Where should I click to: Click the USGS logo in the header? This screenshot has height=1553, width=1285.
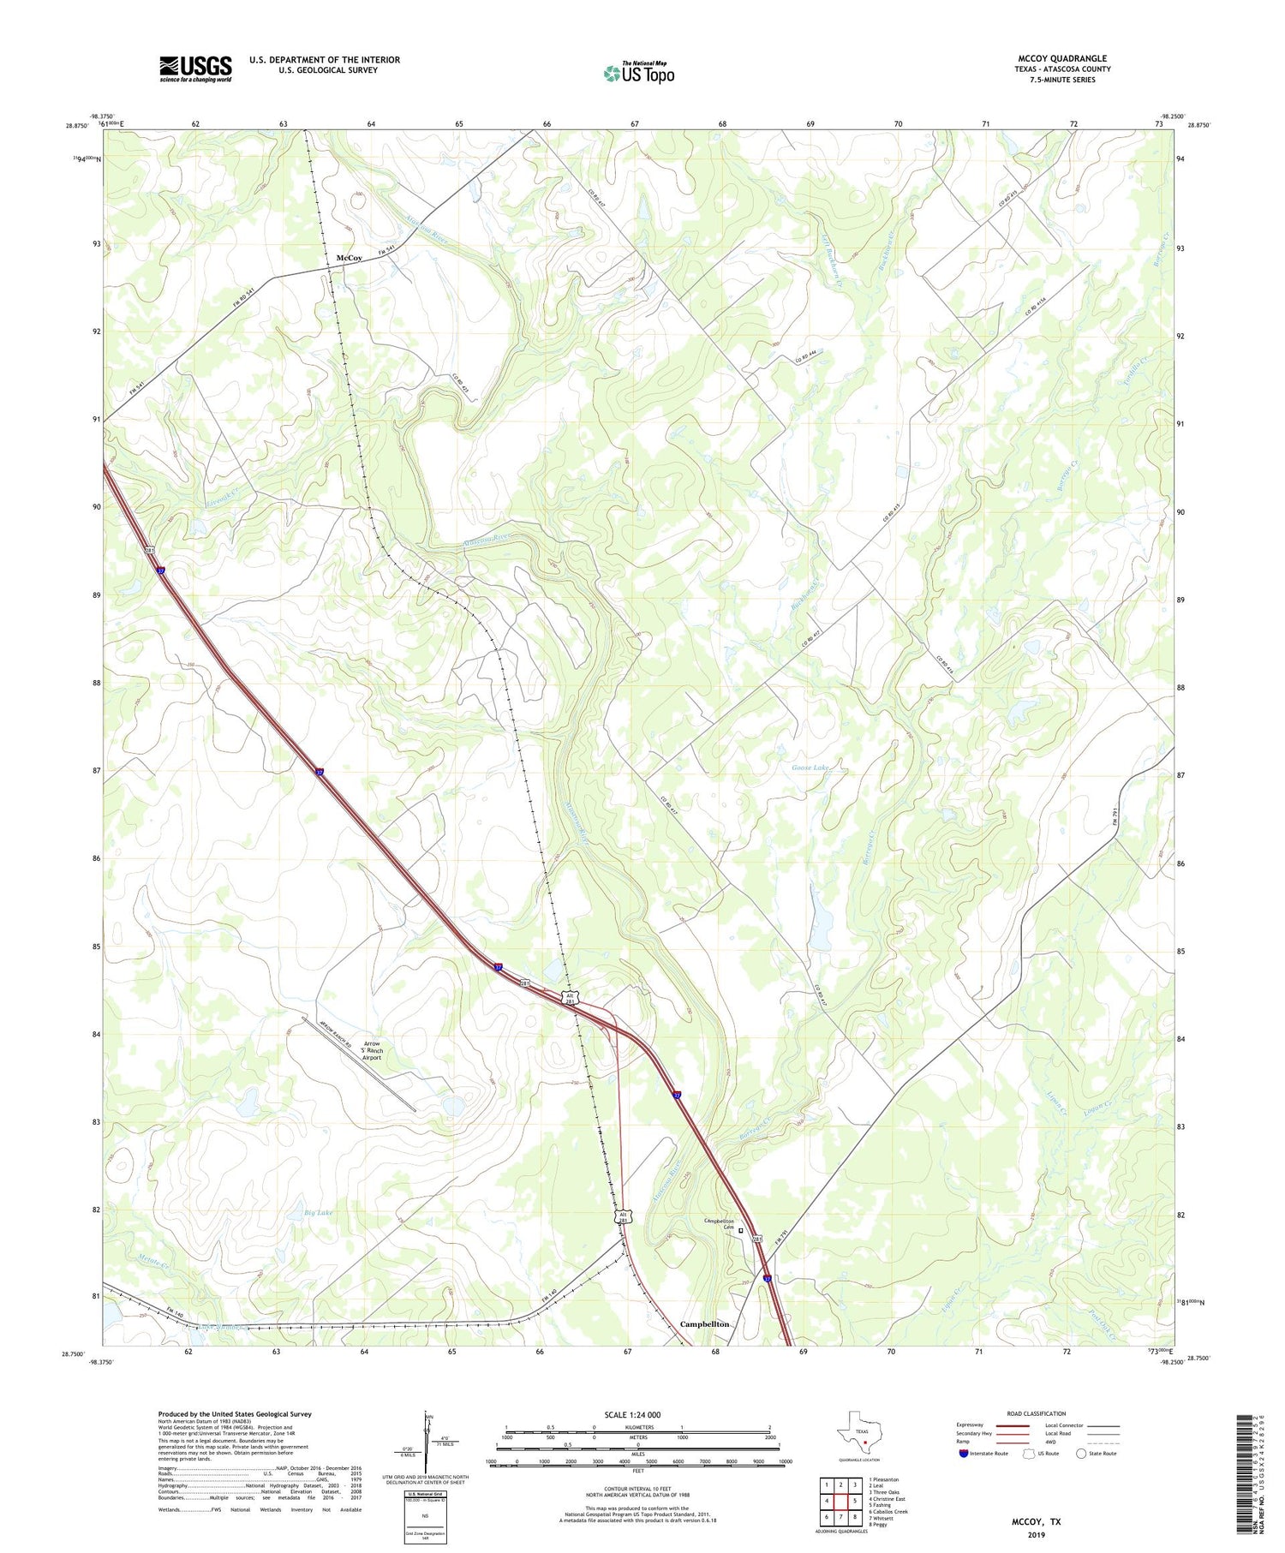pyautogui.click(x=195, y=69)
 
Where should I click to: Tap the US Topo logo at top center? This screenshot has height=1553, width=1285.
pyautogui.click(x=639, y=73)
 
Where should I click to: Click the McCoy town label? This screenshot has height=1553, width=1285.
pyautogui.click(x=349, y=258)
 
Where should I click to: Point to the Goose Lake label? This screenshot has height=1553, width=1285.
pyautogui.click(x=810, y=768)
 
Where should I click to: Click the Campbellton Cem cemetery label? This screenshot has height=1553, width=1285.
pyautogui.click(x=720, y=1224)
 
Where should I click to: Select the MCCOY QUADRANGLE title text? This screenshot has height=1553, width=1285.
pyautogui.click(x=1061, y=58)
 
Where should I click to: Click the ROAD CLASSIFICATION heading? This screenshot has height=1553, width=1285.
pyautogui.click(x=1037, y=1413)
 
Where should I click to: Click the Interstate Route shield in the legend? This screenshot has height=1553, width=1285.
pyautogui.click(x=965, y=1453)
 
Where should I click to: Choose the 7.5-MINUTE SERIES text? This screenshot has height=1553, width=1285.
pyautogui.click(x=1062, y=80)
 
